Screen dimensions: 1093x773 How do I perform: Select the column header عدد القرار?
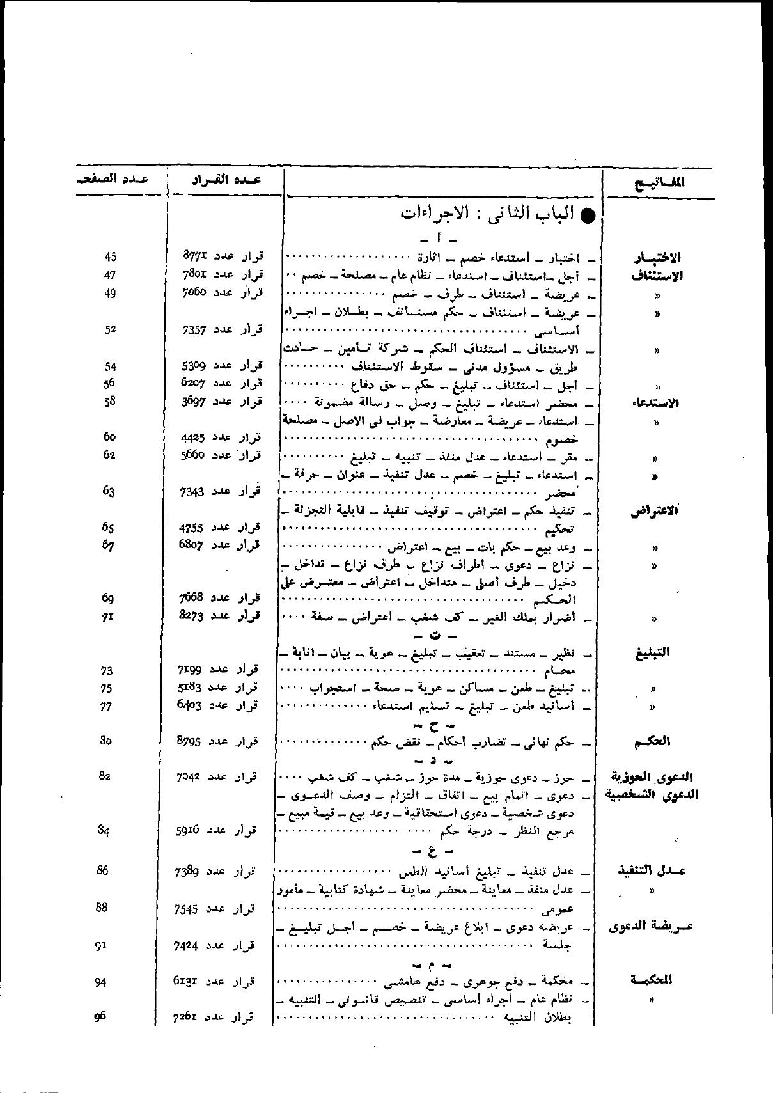click(226, 181)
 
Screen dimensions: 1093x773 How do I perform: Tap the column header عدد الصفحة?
click(110, 180)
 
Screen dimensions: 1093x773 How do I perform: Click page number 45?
click(110, 257)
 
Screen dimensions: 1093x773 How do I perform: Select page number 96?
click(100, 1016)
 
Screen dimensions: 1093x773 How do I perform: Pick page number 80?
click(105, 741)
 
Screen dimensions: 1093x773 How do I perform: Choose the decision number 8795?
click(189, 741)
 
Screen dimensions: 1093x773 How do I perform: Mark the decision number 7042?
click(189, 777)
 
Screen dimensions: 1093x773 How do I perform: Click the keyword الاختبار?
click(657, 258)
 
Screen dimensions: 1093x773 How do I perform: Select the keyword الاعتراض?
click(655, 512)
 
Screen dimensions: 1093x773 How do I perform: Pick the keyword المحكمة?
click(651, 980)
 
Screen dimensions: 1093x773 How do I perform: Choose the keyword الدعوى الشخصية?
click(651, 795)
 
